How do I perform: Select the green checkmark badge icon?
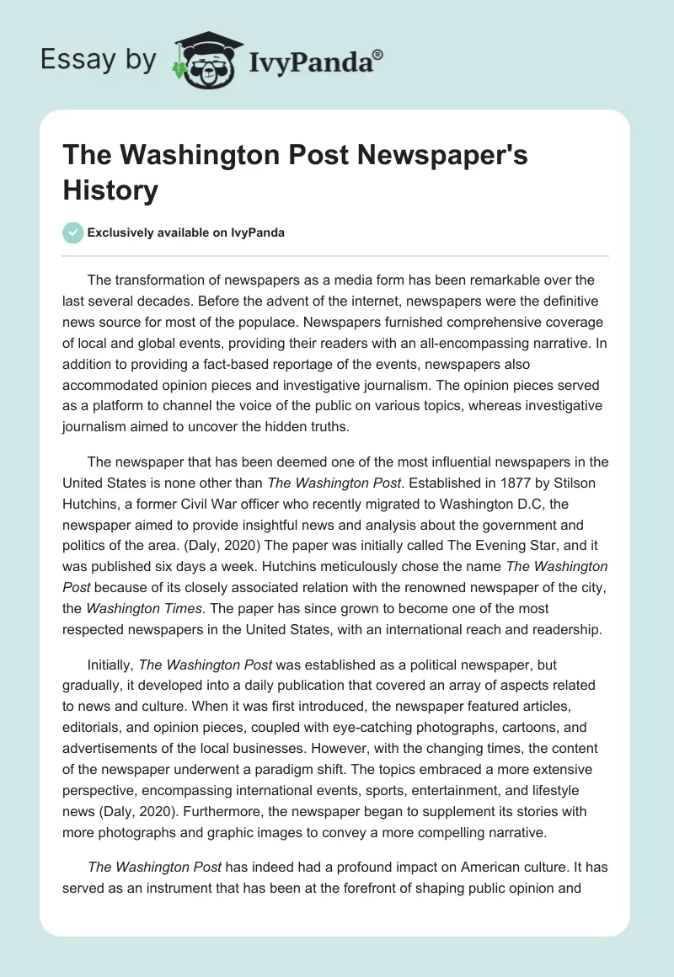tap(73, 232)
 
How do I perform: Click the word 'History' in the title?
tap(110, 190)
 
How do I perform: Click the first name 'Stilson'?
tap(464, 483)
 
